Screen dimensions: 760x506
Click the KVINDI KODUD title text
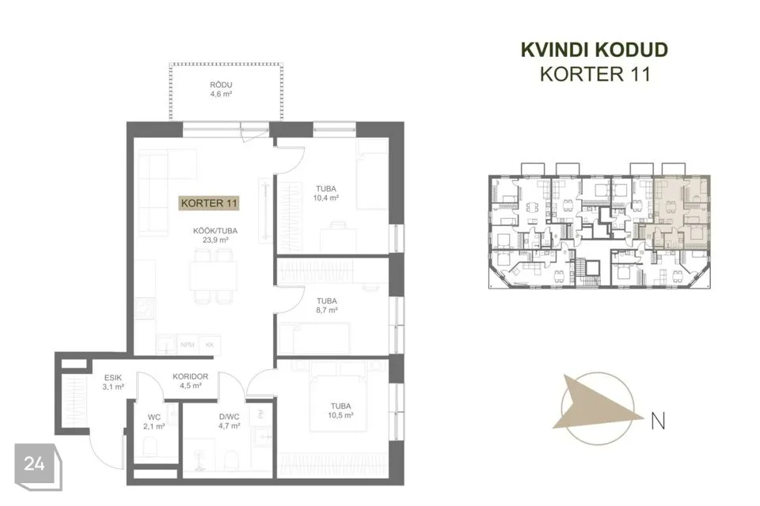(595, 50)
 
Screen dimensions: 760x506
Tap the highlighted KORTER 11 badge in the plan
(209, 203)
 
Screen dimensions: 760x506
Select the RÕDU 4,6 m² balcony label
(221, 89)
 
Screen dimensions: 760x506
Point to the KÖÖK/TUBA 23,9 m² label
(215, 236)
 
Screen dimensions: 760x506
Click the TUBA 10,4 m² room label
(325, 193)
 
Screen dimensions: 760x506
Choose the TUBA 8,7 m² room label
(327, 305)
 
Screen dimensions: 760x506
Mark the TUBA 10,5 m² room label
(340, 410)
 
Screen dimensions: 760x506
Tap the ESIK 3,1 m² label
(113, 382)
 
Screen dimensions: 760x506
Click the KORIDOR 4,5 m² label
(191, 381)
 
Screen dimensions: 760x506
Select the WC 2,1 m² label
(154, 421)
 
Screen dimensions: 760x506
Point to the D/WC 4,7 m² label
(230, 421)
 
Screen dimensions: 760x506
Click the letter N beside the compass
(658, 421)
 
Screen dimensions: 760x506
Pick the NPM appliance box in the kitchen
(188, 344)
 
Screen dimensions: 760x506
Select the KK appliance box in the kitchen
(210, 344)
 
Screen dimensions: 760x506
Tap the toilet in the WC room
(150, 447)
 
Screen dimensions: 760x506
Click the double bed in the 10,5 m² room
(338, 398)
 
